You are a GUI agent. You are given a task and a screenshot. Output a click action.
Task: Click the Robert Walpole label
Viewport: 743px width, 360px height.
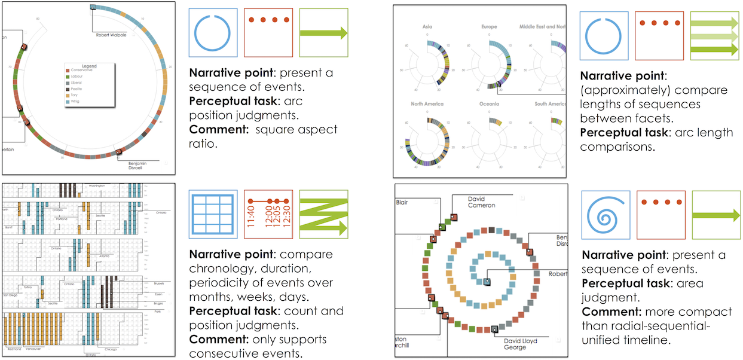click(x=111, y=35)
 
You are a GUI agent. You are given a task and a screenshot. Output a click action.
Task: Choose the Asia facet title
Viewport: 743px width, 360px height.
click(x=427, y=27)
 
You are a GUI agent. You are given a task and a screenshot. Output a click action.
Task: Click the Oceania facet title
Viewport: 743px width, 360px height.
click(x=488, y=104)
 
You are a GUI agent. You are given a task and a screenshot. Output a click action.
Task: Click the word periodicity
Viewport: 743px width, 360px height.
click(x=216, y=282)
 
